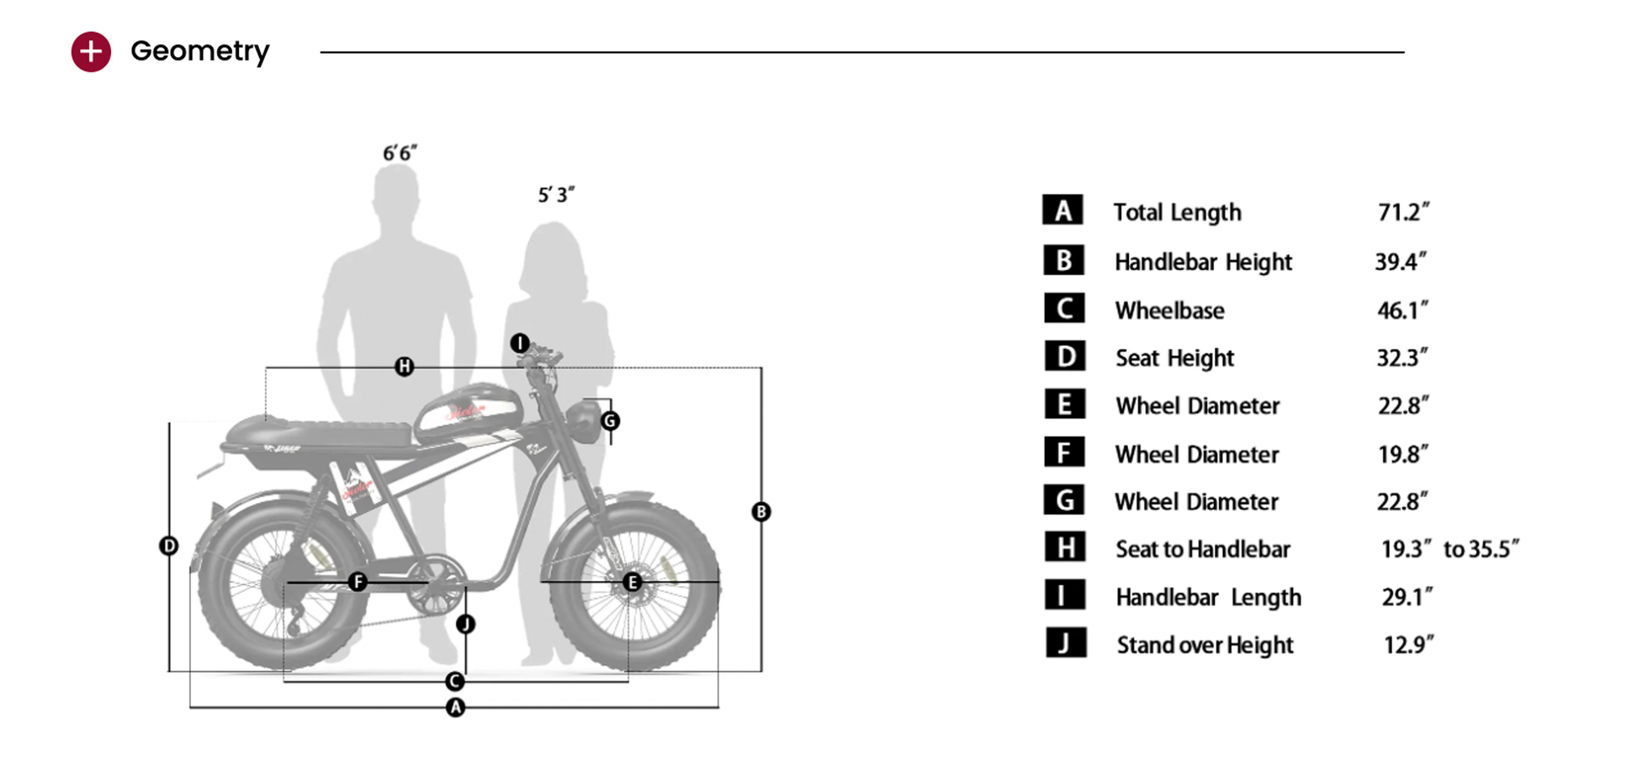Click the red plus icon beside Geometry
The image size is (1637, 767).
pyautogui.click(x=91, y=52)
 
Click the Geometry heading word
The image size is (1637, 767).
pyautogui.click(x=200, y=51)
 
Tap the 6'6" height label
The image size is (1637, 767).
pyautogui.click(x=400, y=153)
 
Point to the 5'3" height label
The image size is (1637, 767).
pyautogui.click(x=556, y=195)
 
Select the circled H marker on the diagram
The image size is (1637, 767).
pyautogui.click(x=405, y=367)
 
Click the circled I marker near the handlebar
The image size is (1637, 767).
pyautogui.click(x=520, y=343)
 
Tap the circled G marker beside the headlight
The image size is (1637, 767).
pyautogui.click(x=611, y=421)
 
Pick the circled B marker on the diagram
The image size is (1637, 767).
pyautogui.click(x=761, y=511)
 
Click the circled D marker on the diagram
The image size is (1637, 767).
pyautogui.click(x=169, y=546)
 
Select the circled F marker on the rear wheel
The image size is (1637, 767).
pyautogui.click(x=358, y=581)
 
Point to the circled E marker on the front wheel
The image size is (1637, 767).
pyautogui.click(x=633, y=581)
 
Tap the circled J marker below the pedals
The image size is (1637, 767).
pyautogui.click(x=466, y=624)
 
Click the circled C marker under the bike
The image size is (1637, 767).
pyautogui.click(x=455, y=681)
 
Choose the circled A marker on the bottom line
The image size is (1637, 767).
pyautogui.click(x=455, y=707)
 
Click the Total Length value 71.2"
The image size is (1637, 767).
pyautogui.click(x=1403, y=212)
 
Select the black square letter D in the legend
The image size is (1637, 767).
pyautogui.click(x=1064, y=357)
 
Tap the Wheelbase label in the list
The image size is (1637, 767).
pyautogui.click(x=1169, y=310)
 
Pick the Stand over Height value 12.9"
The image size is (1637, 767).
pyautogui.click(x=1408, y=645)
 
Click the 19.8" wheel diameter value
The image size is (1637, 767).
pyautogui.click(x=1402, y=454)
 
